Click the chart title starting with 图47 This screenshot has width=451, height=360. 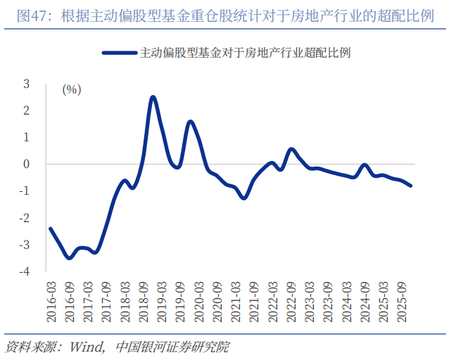tap(225, 15)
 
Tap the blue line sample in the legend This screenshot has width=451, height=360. tap(120, 53)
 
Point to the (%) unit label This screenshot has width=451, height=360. tap(72, 89)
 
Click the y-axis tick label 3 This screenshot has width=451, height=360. tap(27, 84)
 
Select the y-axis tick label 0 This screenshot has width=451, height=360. tap(27, 164)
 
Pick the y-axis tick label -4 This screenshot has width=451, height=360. tap(25, 271)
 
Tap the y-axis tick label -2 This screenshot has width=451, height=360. tap(25, 218)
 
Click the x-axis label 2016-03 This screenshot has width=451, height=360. tap(51, 302)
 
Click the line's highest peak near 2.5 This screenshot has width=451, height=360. tap(153, 97)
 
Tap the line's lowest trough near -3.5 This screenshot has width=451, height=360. tap(69, 258)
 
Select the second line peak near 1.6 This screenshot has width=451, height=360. tap(190, 122)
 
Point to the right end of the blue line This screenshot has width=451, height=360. tap(411, 186)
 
